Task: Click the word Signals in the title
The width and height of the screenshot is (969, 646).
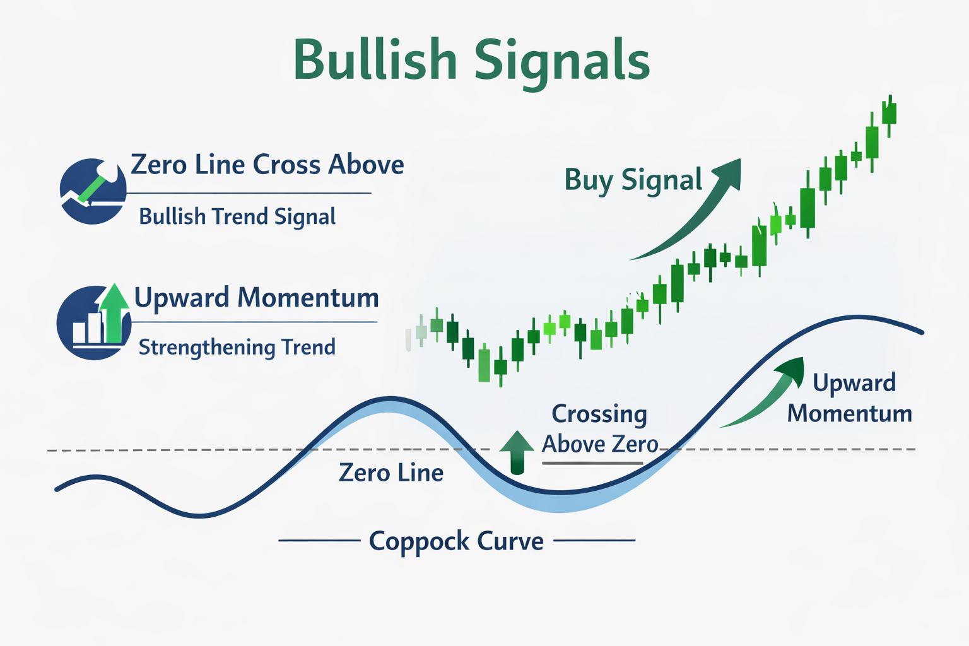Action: click(x=561, y=62)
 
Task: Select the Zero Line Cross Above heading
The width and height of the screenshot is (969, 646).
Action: click(x=267, y=165)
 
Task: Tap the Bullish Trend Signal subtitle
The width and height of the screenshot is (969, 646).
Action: click(x=237, y=216)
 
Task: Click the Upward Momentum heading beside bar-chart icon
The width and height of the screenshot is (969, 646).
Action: click(x=256, y=297)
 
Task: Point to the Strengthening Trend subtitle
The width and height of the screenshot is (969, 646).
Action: click(x=237, y=347)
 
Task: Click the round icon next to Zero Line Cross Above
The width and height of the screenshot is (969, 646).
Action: click(x=93, y=191)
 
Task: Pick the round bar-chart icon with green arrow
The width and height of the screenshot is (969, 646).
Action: click(x=93, y=322)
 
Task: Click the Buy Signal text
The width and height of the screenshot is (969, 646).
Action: click(x=633, y=180)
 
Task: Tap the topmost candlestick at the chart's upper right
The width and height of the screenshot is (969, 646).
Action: click(x=890, y=114)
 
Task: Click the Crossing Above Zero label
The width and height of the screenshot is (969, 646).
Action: click(x=599, y=429)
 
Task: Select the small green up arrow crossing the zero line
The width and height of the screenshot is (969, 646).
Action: click(x=517, y=452)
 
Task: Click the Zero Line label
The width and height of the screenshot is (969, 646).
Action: click(x=391, y=473)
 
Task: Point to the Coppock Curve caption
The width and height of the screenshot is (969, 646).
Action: click(x=456, y=541)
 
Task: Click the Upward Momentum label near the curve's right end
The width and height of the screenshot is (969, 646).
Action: click(x=850, y=398)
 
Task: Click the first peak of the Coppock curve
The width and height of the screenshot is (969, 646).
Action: click(x=391, y=399)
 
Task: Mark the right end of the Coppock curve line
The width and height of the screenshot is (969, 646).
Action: click(x=921, y=332)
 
